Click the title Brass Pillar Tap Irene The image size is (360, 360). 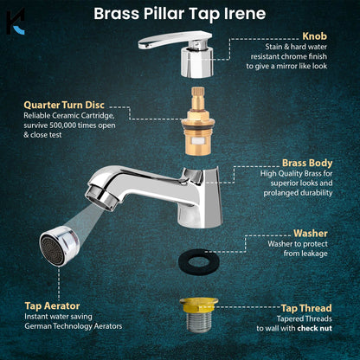(x=179, y=14)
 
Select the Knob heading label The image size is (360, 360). (x=314, y=37)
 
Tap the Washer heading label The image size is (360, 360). (x=310, y=233)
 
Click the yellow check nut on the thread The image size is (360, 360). (x=181, y=305)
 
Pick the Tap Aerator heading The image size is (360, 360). (x=54, y=305)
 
